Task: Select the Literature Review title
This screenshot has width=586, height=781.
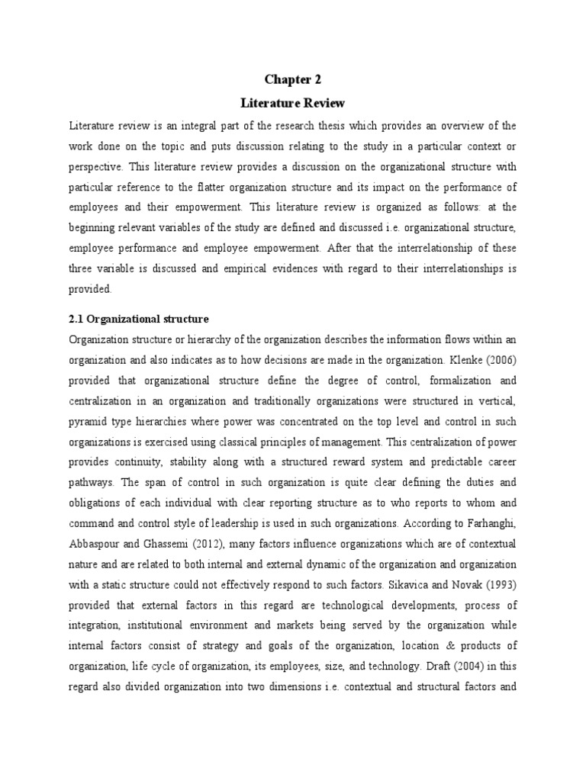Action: tap(293, 102)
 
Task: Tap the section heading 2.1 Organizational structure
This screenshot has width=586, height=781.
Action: tap(138, 318)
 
